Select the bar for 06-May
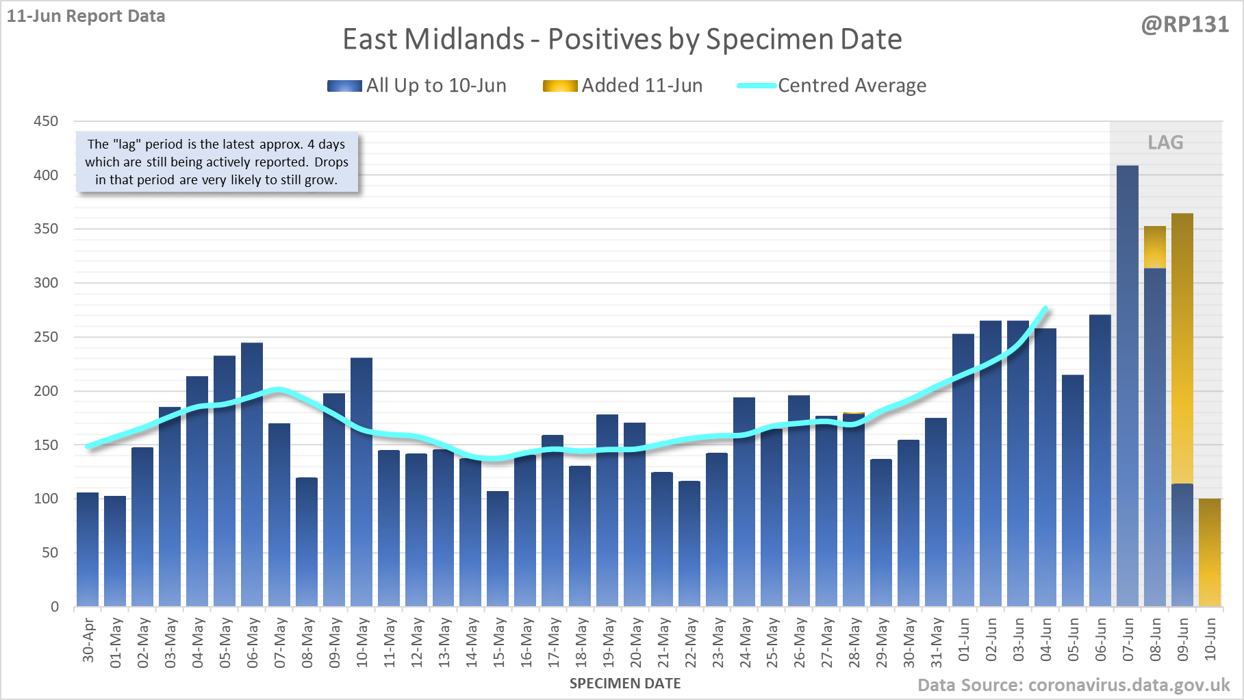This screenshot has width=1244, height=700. [252, 474]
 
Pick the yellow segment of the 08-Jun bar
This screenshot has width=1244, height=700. [1155, 247]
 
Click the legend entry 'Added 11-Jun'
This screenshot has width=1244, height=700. [623, 86]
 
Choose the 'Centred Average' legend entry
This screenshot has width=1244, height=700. [832, 86]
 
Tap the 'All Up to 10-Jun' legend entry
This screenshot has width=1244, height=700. [417, 86]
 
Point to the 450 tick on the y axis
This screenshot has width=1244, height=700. [46, 121]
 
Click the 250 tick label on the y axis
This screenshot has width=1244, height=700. [46, 337]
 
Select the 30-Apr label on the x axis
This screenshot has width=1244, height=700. [88, 641]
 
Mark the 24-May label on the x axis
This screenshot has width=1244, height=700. [745, 642]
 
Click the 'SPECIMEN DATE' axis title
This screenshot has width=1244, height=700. [625, 684]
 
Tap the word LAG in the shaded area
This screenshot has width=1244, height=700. [1165, 142]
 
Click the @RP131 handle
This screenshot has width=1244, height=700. [1184, 25]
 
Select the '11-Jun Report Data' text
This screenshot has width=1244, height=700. [86, 16]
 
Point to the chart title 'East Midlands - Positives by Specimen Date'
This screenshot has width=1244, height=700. [622, 39]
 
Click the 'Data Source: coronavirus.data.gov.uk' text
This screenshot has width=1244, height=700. [1074, 685]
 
